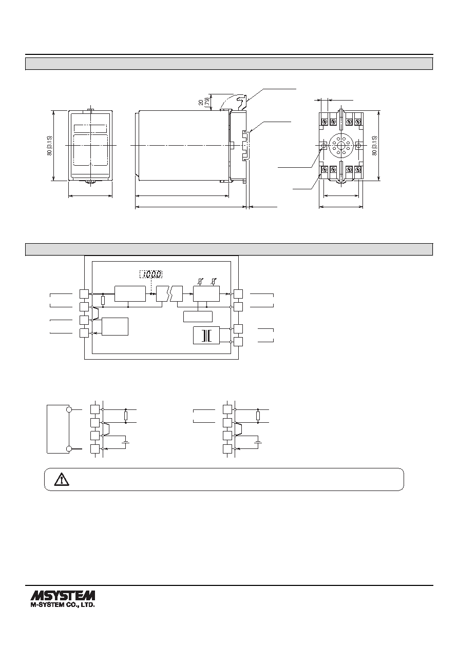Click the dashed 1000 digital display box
[151, 274]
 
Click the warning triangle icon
[61, 479]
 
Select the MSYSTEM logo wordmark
[63, 596]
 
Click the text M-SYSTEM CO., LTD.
[63, 605]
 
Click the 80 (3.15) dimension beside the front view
[49, 146]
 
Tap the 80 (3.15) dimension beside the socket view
[375, 146]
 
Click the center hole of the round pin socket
[341, 146]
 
